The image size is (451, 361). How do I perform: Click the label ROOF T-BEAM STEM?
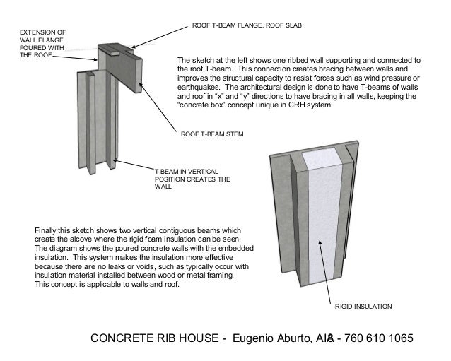click(x=212, y=133)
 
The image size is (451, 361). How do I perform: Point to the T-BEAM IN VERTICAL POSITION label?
click(x=187, y=179)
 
